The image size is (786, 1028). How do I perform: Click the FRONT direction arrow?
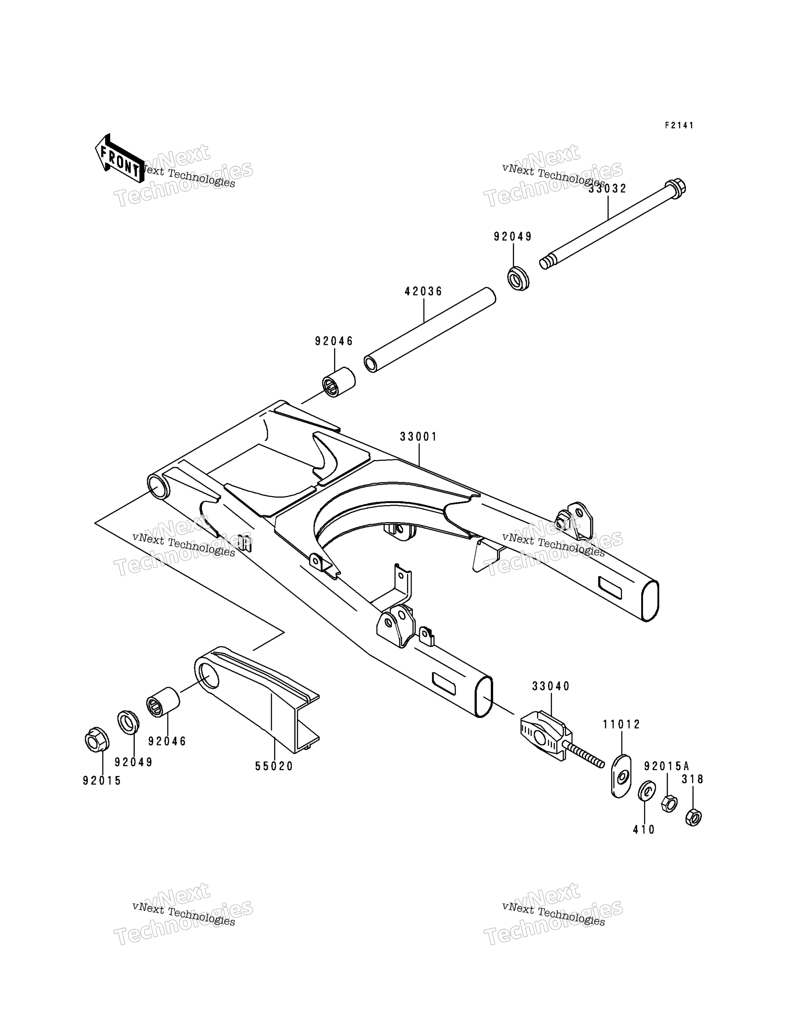[119, 158]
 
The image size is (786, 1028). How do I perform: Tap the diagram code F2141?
[680, 125]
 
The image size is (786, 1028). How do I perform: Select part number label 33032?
[608, 189]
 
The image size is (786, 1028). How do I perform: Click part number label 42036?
[423, 292]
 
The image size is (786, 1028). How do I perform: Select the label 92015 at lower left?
[102, 781]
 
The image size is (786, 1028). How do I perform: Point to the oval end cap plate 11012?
[621, 776]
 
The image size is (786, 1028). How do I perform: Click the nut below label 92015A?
[669, 804]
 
